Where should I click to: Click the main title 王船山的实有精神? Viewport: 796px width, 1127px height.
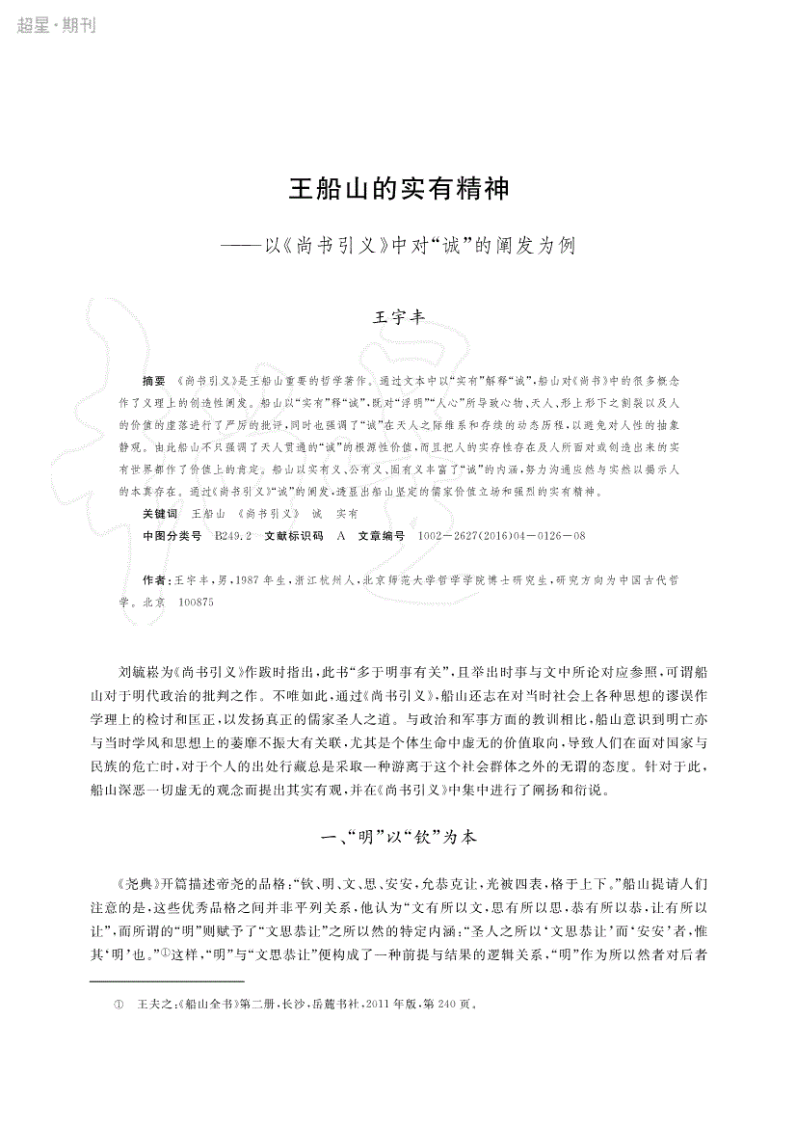(x=398, y=188)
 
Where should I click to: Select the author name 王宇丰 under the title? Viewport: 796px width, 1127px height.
(x=398, y=317)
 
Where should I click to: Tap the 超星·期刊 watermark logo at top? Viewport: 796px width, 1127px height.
(x=56, y=26)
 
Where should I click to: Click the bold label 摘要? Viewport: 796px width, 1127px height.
(x=153, y=381)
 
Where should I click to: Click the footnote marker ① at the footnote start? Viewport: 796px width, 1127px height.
(x=119, y=1003)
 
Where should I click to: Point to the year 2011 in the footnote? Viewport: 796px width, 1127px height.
(x=375, y=1003)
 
